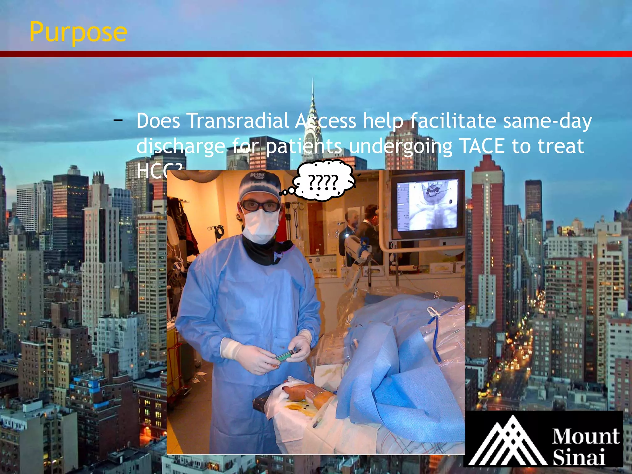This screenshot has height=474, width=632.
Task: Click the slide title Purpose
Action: [78, 32]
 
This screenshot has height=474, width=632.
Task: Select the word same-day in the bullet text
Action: [547, 121]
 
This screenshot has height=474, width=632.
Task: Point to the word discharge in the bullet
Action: [181, 146]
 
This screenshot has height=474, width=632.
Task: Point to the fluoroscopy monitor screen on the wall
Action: [427, 205]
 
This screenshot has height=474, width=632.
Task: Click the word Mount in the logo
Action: [585, 436]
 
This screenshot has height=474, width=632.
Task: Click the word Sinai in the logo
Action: [578, 457]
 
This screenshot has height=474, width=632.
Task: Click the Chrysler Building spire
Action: [313, 105]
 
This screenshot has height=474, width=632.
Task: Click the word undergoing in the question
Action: [401, 146]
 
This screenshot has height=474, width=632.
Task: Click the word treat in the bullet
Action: [561, 146]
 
